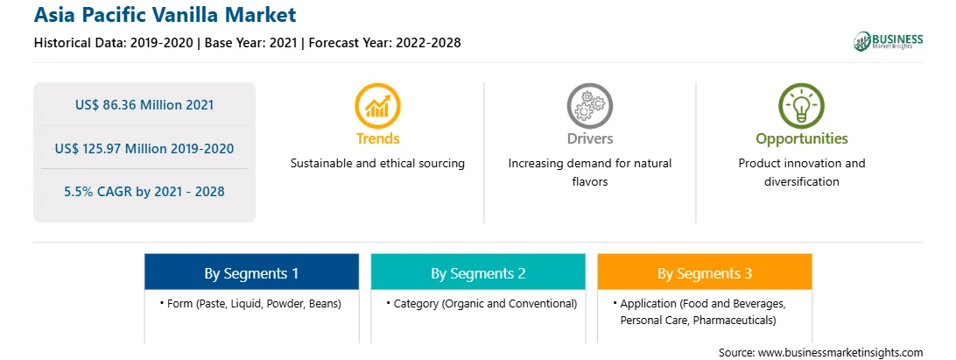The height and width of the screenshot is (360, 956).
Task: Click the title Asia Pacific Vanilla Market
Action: point(165,15)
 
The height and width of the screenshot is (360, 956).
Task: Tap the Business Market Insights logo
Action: point(888,41)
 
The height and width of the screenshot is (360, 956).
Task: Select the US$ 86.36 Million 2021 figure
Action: point(144,105)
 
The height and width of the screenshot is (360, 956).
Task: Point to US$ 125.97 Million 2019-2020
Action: point(144,148)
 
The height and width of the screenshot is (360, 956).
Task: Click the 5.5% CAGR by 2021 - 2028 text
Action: point(144,192)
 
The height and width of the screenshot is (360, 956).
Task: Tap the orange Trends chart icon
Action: point(377,106)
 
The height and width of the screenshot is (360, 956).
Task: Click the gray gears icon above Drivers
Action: point(589,106)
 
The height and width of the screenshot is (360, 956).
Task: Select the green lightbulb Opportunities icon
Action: point(802,106)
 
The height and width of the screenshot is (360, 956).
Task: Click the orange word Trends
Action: point(378,138)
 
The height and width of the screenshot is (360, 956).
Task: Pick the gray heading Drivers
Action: point(589,138)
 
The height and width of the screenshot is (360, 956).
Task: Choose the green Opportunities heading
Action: point(802,139)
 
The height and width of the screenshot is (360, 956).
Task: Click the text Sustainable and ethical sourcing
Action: point(377,164)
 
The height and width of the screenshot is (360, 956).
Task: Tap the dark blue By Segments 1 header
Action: point(252,272)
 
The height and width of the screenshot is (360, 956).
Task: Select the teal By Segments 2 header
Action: point(478,272)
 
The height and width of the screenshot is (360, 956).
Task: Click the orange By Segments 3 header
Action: point(705,272)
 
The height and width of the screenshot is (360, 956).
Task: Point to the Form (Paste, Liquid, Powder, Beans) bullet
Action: point(250,304)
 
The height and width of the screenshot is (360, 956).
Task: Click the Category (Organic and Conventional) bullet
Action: point(482,304)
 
